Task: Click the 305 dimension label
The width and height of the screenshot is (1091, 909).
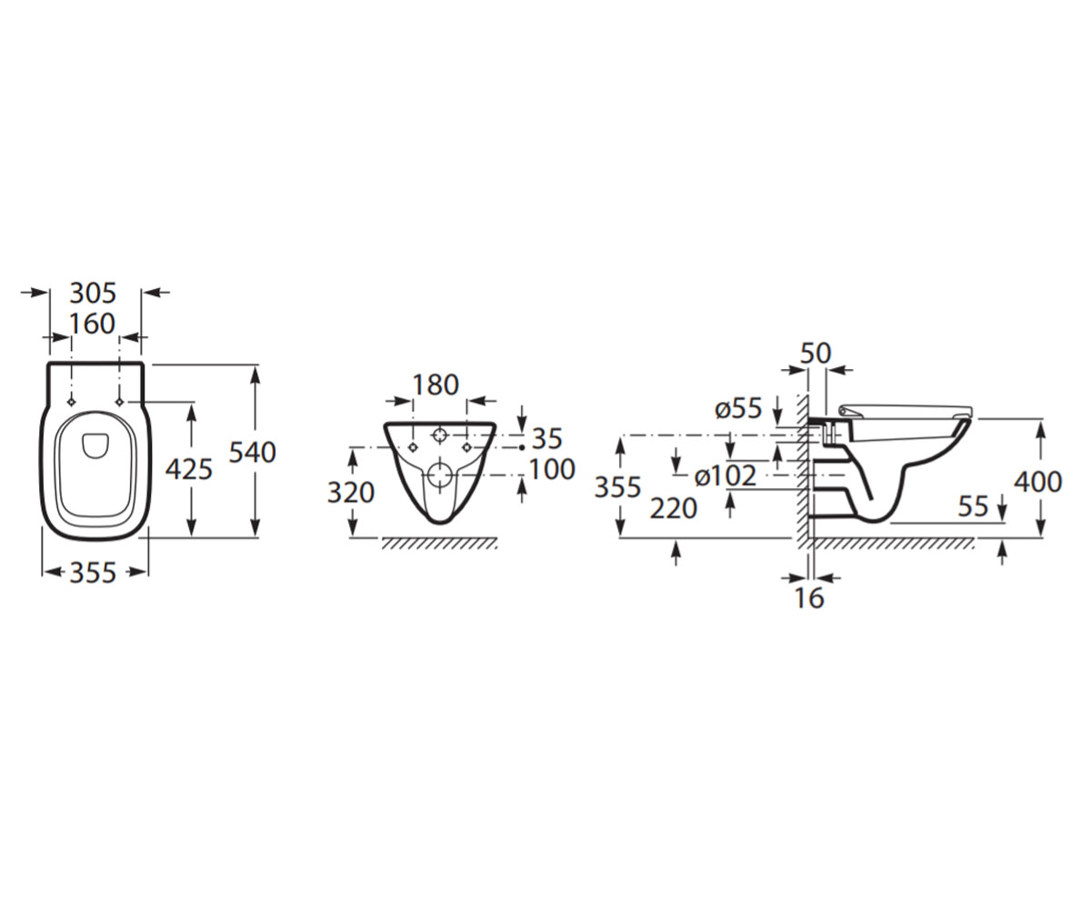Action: point(93,293)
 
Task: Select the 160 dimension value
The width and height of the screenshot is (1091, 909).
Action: point(92,324)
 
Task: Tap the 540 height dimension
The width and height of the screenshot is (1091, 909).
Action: point(253,453)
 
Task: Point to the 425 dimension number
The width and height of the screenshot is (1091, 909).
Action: point(188,469)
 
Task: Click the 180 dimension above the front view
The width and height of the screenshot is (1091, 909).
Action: point(435,385)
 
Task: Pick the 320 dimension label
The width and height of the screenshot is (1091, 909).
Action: point(351,493)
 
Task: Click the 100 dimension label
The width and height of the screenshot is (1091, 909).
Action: point(552,469)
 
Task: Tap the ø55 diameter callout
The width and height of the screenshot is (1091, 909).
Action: point(738,408)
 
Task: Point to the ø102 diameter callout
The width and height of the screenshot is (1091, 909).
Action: point(726,476)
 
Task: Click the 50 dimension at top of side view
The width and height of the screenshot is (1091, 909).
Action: point(816,354)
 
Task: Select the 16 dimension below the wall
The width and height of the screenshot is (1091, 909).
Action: point(809,598)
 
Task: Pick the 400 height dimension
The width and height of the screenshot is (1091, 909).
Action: point(1037,482)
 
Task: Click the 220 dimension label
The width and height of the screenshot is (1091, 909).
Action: point(673,508)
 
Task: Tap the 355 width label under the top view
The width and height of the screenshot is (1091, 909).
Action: point(93,573)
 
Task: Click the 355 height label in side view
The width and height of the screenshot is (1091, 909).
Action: point(617,487)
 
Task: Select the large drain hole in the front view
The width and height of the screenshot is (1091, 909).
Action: point(439,474)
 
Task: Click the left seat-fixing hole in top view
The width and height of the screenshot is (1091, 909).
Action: point(72,402)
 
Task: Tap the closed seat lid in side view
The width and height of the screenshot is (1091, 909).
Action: point(905,411)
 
